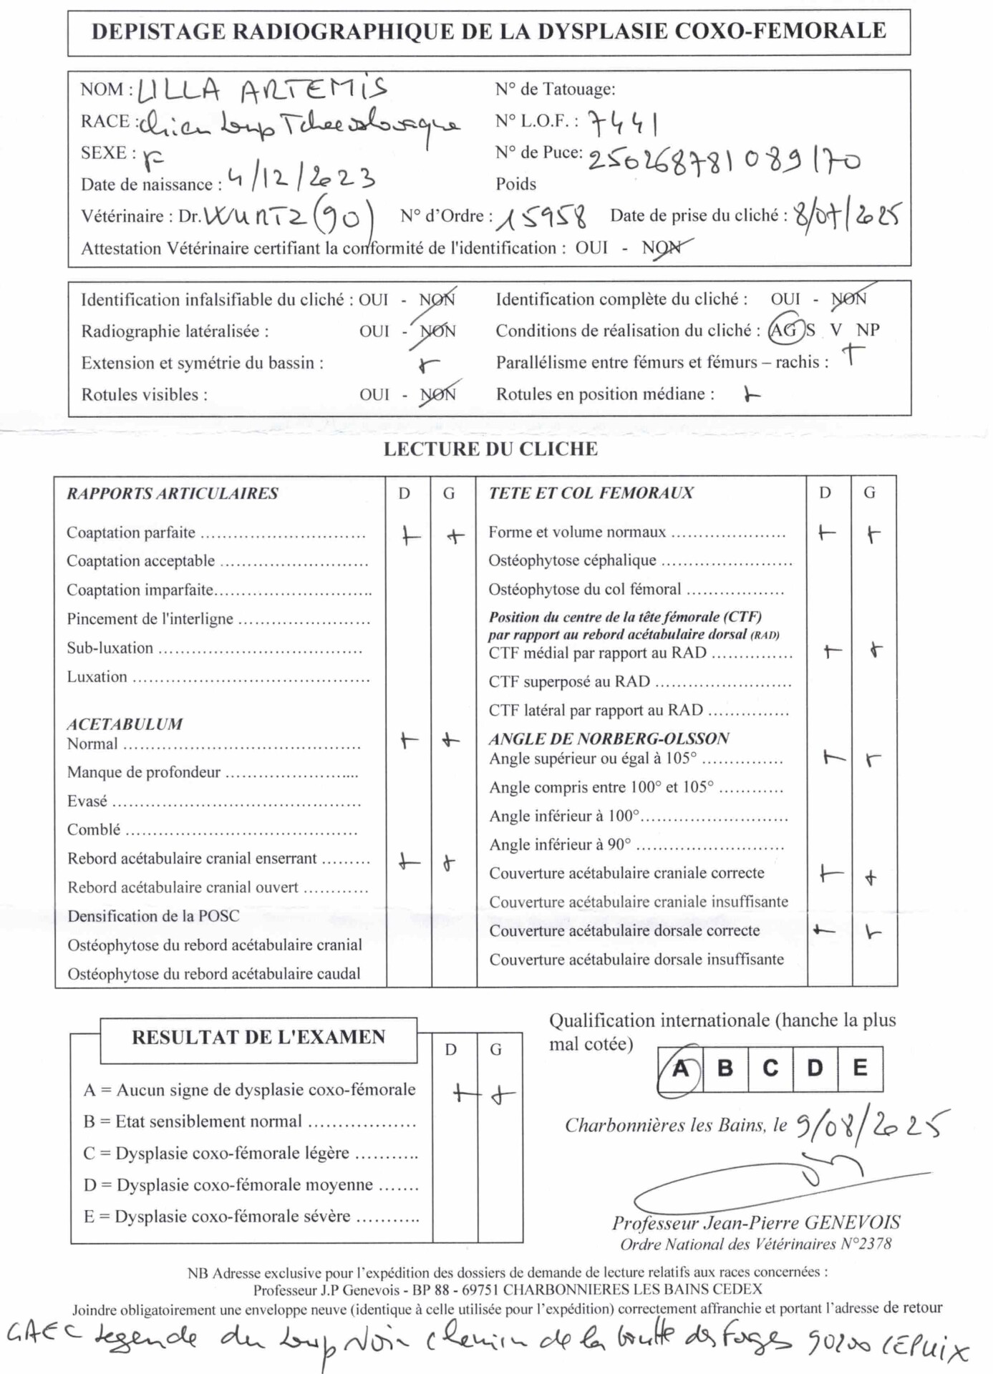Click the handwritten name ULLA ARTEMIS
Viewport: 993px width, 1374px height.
261,90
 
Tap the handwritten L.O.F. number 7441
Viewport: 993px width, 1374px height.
623,124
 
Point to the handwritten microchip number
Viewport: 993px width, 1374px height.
723,160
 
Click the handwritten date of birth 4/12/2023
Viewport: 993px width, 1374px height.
301,177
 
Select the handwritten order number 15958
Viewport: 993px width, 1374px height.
543,216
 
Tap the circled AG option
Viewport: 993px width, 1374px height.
783,330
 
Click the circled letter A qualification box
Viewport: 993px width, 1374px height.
680,1068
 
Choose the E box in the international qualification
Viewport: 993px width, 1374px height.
861,1068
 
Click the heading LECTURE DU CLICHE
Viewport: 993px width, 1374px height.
490,449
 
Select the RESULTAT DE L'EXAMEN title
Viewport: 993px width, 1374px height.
258,1037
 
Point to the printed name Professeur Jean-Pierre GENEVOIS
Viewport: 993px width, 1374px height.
756,1222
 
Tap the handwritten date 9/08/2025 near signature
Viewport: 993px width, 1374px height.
870,1126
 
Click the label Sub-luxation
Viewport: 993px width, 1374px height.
110,648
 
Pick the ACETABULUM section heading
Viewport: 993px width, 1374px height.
125,723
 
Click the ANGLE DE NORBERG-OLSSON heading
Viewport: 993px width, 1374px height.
609,738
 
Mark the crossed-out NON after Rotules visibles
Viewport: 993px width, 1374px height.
437,394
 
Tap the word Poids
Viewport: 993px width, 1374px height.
515,184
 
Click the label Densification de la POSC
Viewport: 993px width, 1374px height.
153,916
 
